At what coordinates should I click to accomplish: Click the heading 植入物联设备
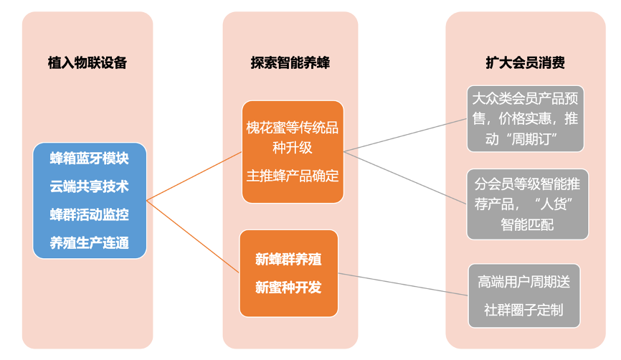coord(87,62)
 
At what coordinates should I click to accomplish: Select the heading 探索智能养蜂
coord(290,62)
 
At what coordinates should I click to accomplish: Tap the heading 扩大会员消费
coord(525,62)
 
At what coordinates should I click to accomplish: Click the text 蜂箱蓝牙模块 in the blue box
coord(90,158)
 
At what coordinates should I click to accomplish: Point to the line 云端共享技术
coord(90,186)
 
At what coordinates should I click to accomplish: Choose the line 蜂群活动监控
coord(90,214)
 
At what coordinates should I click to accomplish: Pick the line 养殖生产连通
coord(90,242)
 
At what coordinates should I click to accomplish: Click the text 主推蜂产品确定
coord(293,176)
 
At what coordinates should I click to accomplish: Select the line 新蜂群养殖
coord(288,260)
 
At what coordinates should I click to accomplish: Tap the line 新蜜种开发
coord(288,288)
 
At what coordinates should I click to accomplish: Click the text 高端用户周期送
coord(524,282)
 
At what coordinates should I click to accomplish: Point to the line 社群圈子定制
coord(524,310)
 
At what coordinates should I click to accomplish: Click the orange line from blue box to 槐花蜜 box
coord(194,176)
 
